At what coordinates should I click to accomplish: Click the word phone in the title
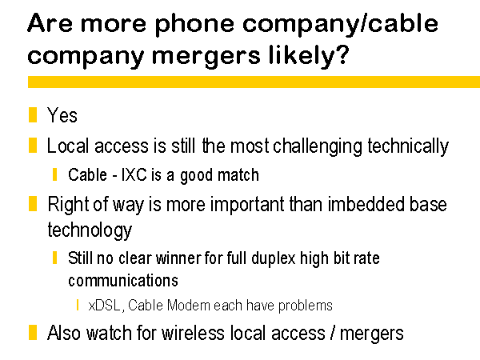click(x=194, y=25)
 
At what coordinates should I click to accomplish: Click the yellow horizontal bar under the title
click(x=254, y=82)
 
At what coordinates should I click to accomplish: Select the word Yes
click(x=62, y=115)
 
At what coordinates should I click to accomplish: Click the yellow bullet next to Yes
click(x=33, y=114)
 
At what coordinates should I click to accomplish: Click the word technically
click(x=408, y=146)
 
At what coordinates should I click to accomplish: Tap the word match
click(x=238, y=174)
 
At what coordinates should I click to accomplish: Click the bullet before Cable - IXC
click(x=54, y=174)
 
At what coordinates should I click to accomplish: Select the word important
click(x=247, y=204)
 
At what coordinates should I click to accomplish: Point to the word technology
click(x=90, y=230)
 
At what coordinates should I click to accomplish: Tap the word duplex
click(x=274, y=258)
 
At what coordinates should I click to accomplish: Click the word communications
click(x=123, y=281)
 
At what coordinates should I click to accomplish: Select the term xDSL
click(x=104, y=306)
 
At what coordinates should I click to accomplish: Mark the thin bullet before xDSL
click(x=78, y=305)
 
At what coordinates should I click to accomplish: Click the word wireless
click(x=193, y=333)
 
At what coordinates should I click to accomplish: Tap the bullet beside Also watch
click(x=33, y=333)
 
